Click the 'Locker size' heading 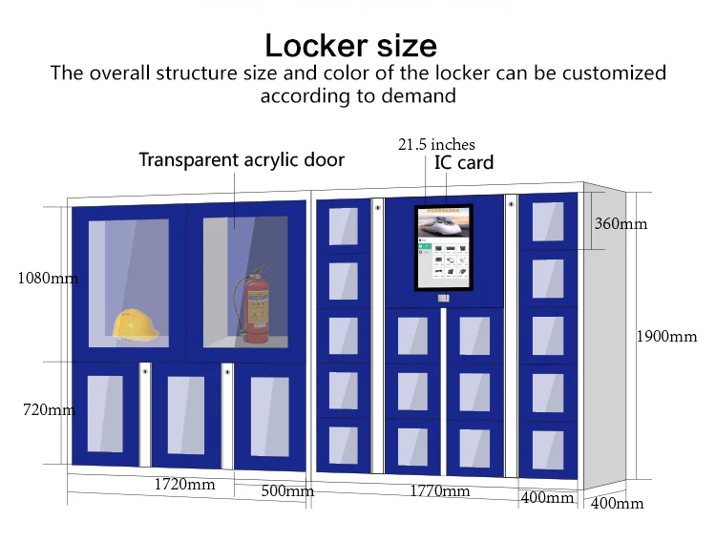(x=350, y=45)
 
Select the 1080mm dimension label (x=47, y=280)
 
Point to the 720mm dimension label (x=49, y=410)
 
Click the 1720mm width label (x=184, y=485)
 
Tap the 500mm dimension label (x=287, y=491)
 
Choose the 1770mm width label (x=440, y=491)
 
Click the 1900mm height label (x=668, y=336)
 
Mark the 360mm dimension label (x=621, y=224)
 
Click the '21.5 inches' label (x=436, y=145)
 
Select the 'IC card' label (x=464, y=163)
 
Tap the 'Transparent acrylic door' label (x=242, y=159)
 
